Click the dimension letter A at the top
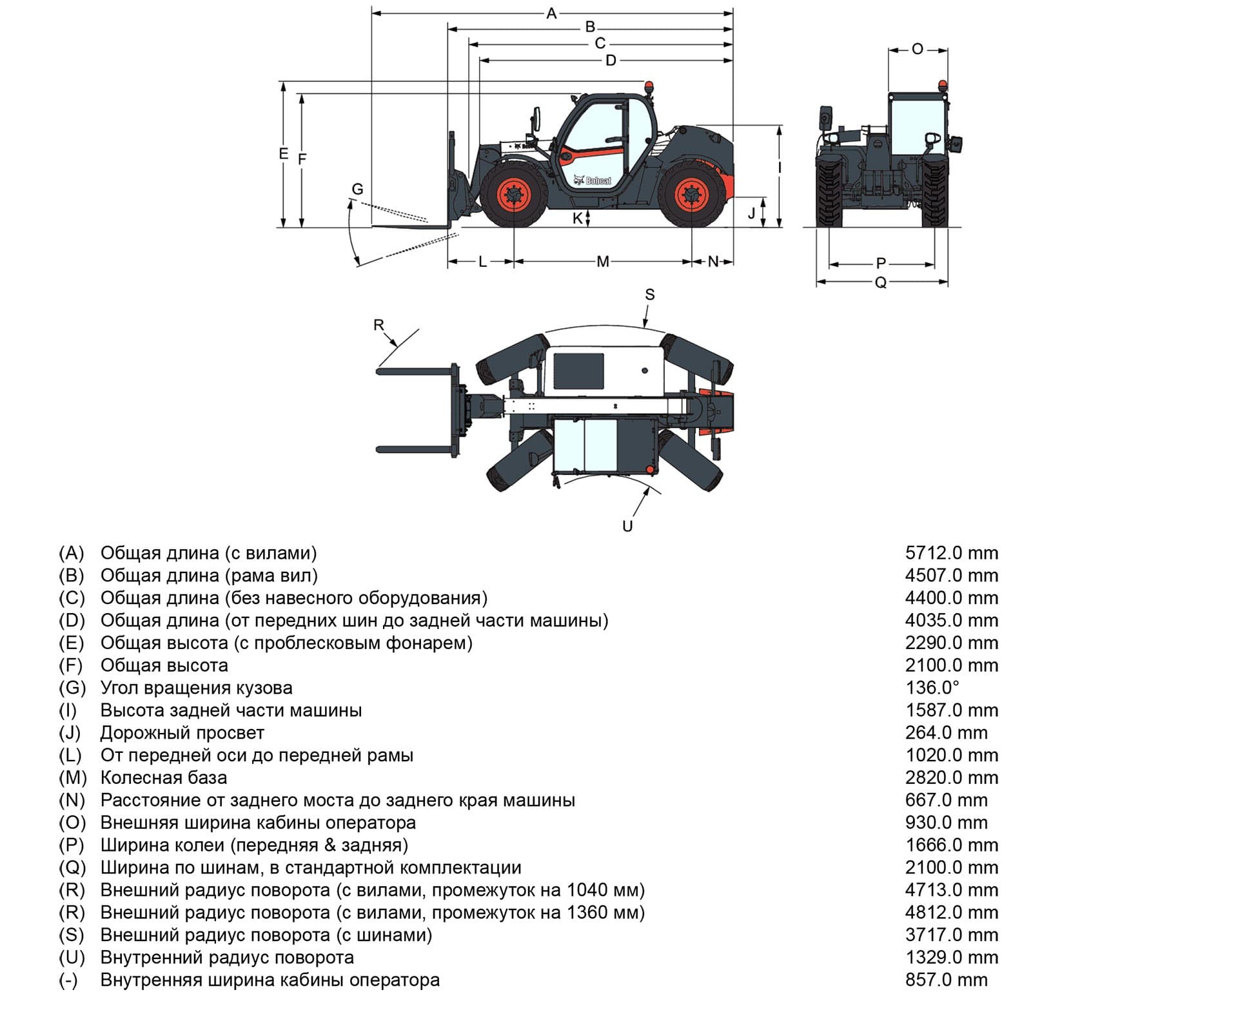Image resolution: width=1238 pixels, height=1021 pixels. click(551, 13)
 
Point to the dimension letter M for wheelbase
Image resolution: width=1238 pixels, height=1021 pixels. click(602, 262)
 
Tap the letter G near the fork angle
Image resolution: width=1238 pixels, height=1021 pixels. click(357, 189)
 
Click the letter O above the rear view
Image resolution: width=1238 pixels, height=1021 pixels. click(918, 49)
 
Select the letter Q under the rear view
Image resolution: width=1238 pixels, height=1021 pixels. click(881, 282)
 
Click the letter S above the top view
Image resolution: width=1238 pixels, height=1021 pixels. click(649, 295)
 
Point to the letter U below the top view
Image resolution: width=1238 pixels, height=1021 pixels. click(627, 526)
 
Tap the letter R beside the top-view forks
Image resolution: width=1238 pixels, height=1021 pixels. click(379, 325)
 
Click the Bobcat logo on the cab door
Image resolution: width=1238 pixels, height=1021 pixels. click(593, 180)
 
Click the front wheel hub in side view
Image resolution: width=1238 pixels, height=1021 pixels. click(515, 194)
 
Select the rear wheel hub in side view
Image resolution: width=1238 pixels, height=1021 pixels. click(691, 194)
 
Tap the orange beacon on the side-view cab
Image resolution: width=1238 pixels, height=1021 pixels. click(649, 88)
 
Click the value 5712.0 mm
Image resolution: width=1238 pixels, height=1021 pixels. click(951, 553)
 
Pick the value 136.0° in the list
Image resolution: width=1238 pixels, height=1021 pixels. click(932, 688)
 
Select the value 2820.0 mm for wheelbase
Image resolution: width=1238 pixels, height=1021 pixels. click(951, 777)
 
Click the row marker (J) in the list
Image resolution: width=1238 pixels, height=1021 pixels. click(70, 733)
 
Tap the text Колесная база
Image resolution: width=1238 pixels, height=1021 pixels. click(164, 777)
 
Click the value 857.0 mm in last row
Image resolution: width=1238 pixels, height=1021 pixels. click(946, 980)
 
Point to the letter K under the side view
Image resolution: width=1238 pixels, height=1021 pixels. click(578, 219)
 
